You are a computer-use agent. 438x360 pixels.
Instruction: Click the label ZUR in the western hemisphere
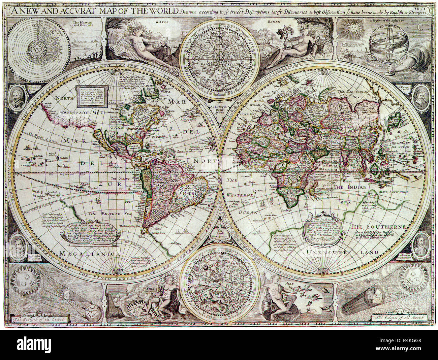click(x=105, y=183)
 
